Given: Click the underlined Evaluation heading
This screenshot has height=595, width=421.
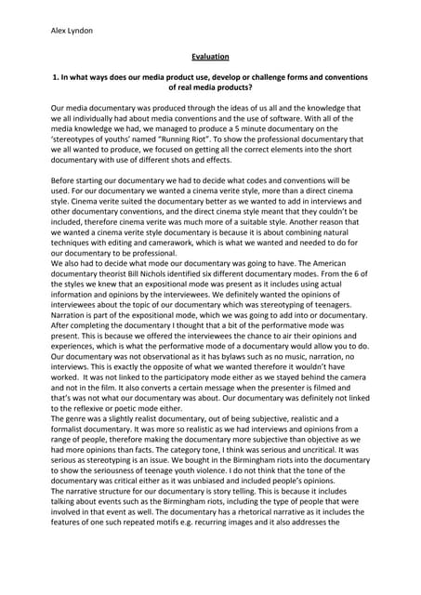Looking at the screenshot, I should (210, 57).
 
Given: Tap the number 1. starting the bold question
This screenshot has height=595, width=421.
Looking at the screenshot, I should (54, 82).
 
